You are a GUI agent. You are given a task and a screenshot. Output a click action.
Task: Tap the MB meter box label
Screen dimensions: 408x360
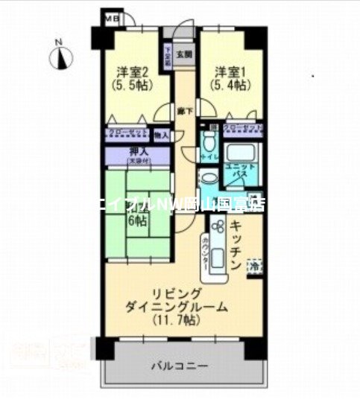[110, 17]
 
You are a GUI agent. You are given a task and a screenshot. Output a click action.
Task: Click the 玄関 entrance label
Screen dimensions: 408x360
[183, 54]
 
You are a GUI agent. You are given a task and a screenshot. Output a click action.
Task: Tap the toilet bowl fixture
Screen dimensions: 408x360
[210, 139]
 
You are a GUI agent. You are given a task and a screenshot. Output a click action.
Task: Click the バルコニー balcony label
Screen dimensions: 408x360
[178, 366]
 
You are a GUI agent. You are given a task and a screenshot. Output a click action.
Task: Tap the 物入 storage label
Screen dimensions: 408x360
[161, 135]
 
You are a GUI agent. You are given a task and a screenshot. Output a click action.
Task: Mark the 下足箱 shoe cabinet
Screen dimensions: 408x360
[168, 58]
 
